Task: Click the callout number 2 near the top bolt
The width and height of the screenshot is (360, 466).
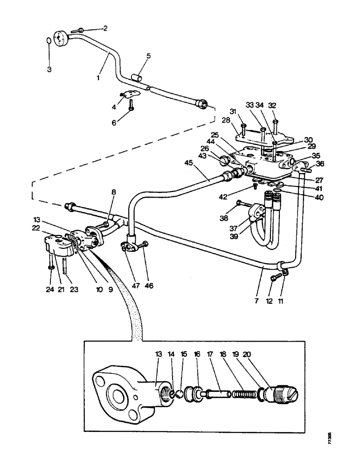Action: [x=105, y=28]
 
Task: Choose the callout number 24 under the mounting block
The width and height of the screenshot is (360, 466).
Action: [x=50, y=288]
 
